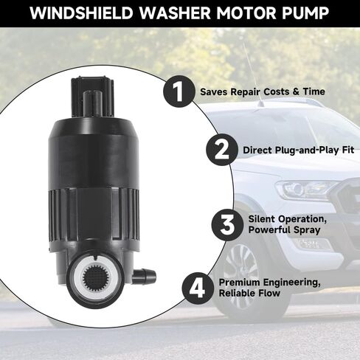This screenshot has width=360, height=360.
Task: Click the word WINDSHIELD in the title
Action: [81, 13]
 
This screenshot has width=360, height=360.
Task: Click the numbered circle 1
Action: [179, 91]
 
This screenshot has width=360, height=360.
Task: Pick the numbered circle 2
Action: [222, 149]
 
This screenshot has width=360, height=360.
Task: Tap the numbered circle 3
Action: [227, 225]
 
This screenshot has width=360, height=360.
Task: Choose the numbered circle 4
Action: [198, 288]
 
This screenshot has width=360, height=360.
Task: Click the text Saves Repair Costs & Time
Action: [263, 91]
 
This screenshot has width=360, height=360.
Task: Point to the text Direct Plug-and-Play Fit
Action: [298, 150]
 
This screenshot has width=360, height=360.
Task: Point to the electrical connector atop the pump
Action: [92, 97]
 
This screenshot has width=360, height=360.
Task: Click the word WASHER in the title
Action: [175, 13]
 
